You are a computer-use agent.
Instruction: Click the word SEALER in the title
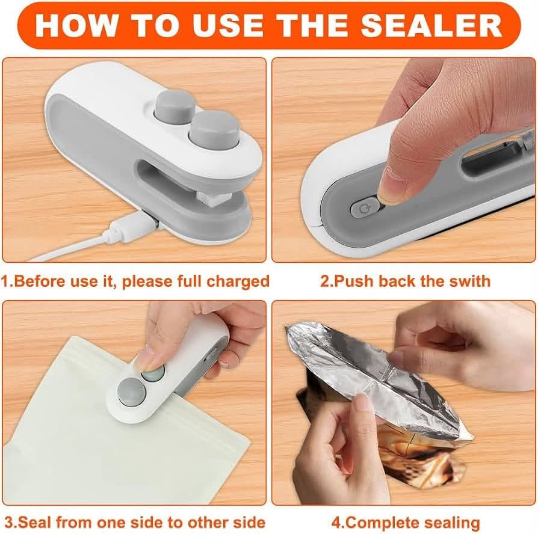click(x=431, y=26)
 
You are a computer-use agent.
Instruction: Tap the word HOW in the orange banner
click(x=76, y=26)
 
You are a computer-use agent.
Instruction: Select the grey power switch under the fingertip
click(x=363, y=207)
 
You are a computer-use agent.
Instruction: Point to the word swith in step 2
click(x=468, y=281)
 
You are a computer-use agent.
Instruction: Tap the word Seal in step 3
click(x=35, y=523)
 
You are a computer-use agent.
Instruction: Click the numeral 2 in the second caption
click(x=324, y=281)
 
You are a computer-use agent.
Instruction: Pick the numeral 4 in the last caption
click(x=336, y=523)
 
